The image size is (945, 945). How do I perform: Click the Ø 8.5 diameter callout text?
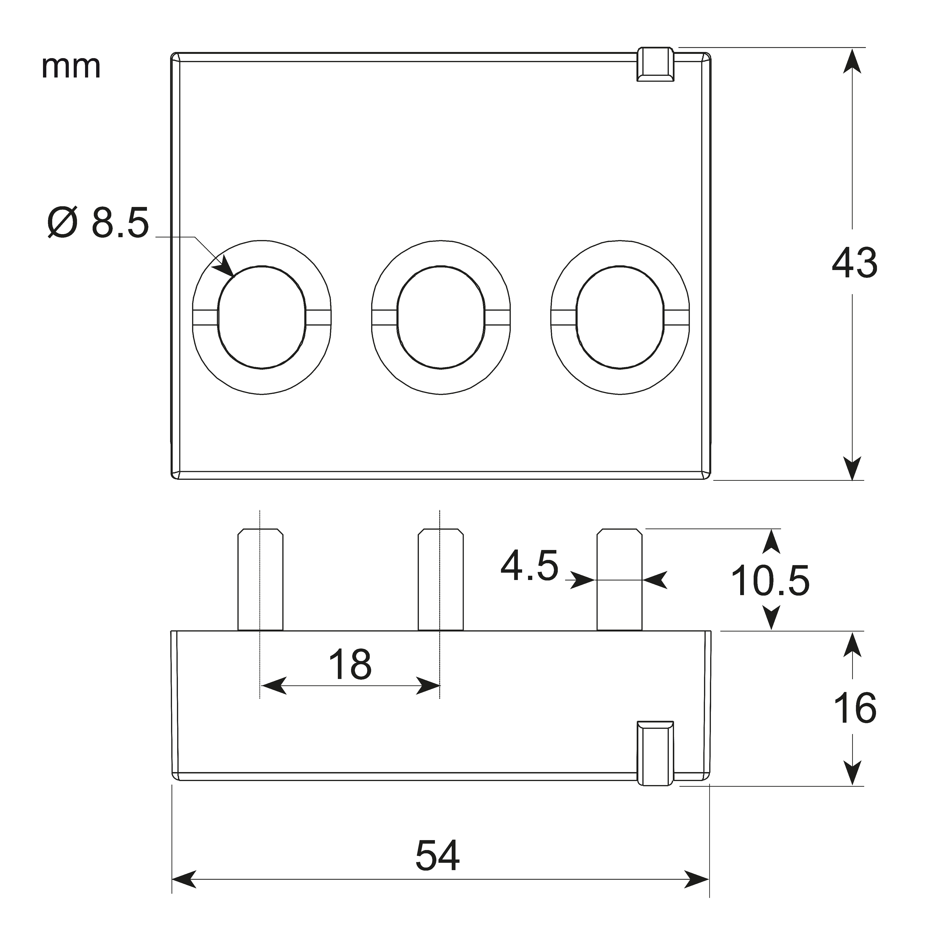(x=98, y=223)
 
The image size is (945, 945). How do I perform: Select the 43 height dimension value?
(x=854, y=263)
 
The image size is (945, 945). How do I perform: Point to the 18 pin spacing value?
(x=350, y=664)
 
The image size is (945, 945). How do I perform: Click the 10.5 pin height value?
(x=770, y=581)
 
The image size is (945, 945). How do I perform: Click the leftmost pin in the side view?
(x=260, y=580)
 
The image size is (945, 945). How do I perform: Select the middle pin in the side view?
(x=440, y=580)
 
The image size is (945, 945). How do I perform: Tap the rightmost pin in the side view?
(x=619, y=580)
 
